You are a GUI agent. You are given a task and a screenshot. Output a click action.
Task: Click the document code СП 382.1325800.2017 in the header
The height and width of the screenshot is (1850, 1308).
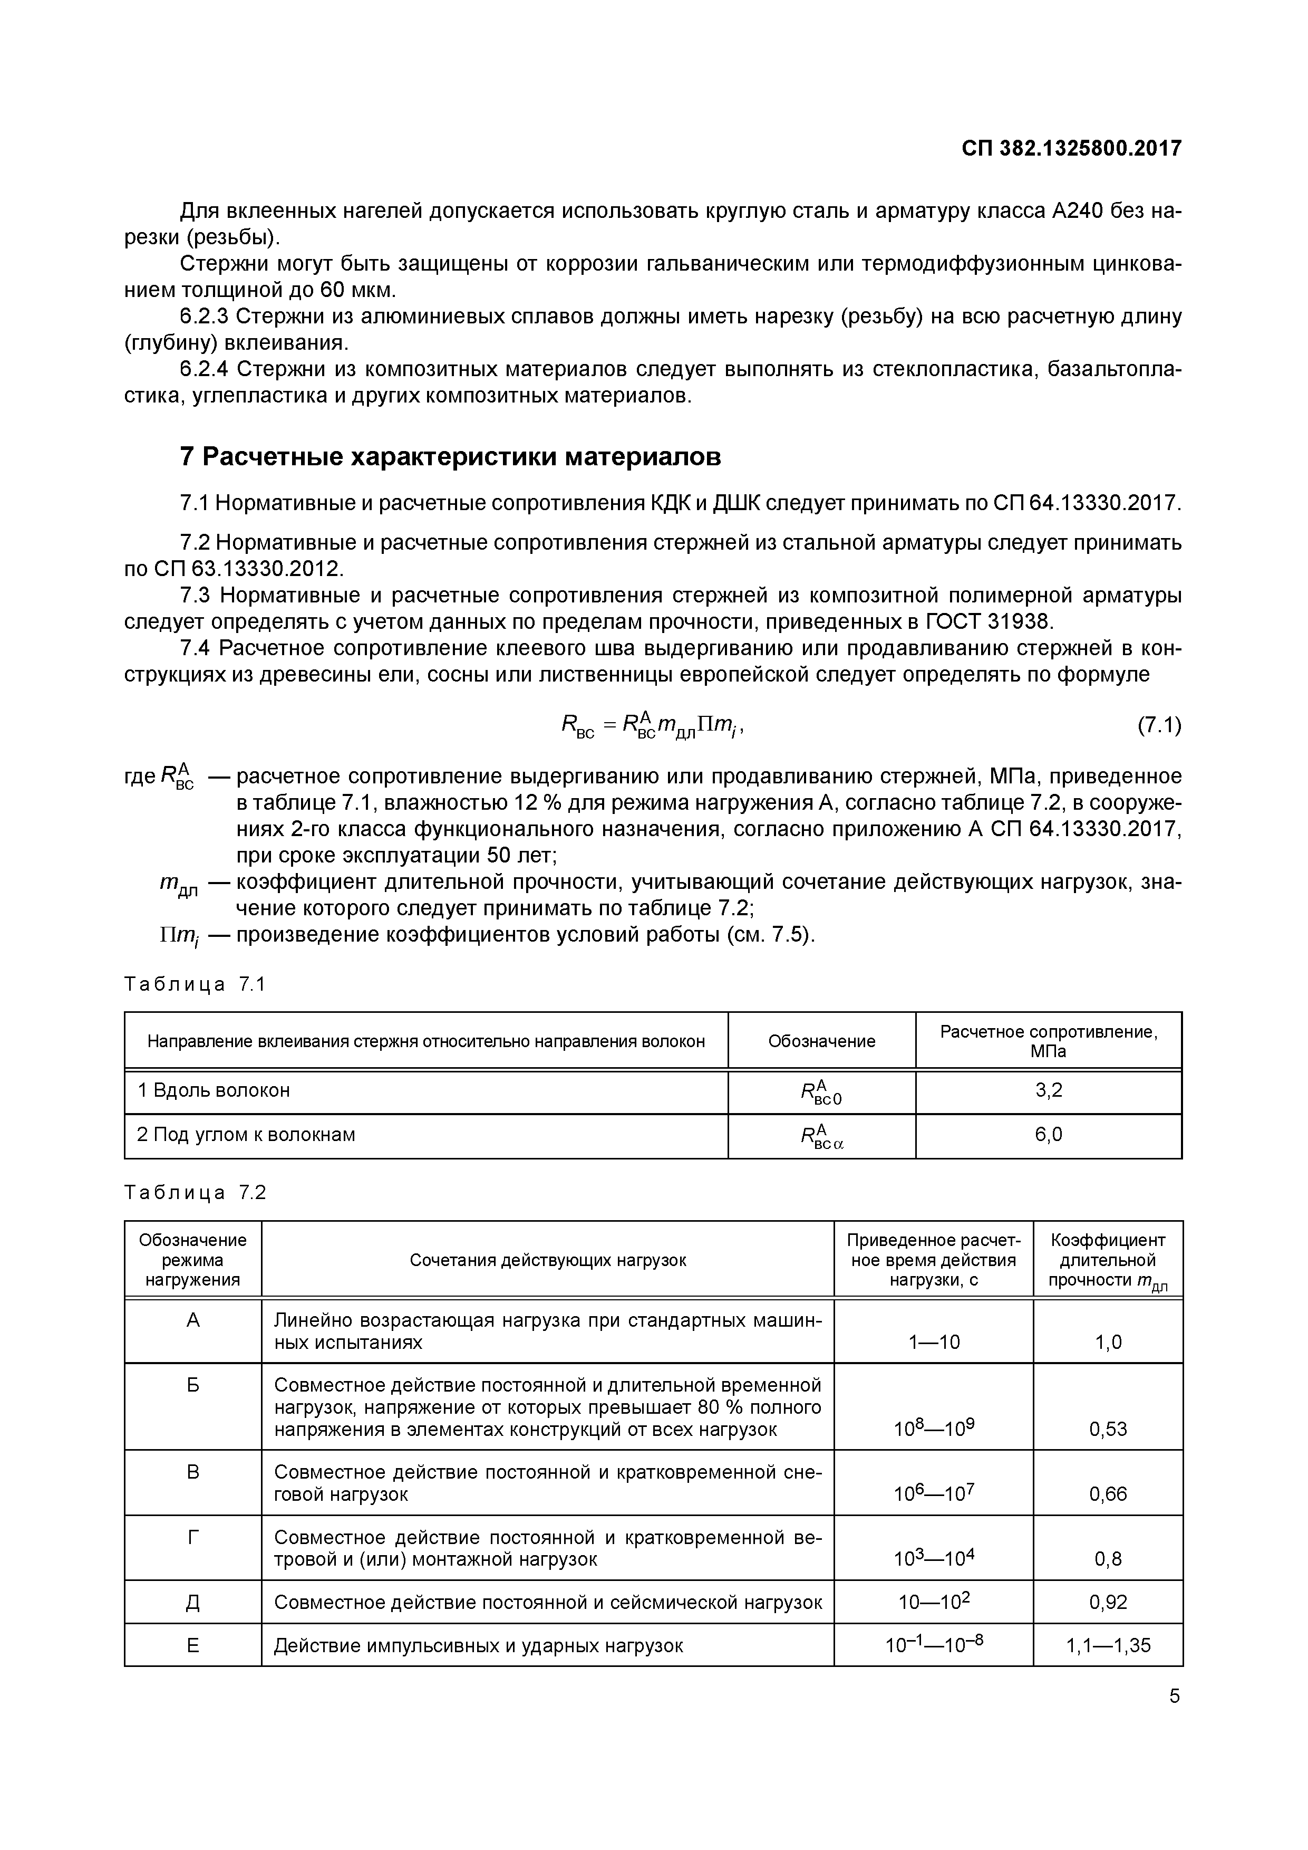(x=1071, y=149)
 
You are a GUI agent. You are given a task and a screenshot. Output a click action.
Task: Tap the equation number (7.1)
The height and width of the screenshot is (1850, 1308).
(x=1158, y=726)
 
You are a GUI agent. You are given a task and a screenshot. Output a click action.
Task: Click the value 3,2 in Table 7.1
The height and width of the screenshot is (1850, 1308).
(x=1049, y=1091)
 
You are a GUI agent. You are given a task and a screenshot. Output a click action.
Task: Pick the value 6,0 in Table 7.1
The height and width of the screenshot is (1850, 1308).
(x=1049, y=1135)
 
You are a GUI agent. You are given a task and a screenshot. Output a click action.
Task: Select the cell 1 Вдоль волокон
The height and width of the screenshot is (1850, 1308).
(x=214, y=1091)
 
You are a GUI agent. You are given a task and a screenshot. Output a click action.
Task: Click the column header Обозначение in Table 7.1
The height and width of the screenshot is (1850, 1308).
(x=821, y=1041)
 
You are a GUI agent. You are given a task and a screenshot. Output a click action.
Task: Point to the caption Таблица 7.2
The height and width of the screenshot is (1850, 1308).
(x=195, y=1193)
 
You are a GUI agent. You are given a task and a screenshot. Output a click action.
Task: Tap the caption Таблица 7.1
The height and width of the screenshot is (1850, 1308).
(x=195, y=985)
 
